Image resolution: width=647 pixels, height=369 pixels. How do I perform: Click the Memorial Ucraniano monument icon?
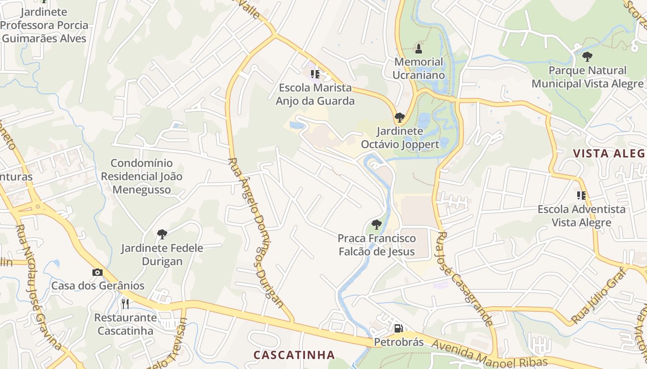tap(419, 48)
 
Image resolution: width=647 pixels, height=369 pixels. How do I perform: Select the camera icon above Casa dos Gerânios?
tap(97, 272)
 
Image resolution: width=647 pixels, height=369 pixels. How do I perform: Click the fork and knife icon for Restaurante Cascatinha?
tap(125, 304)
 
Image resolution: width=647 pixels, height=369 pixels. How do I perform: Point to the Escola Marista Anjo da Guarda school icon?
tap(315, 74)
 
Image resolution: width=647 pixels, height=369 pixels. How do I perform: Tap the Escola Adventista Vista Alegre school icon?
tap(581, 195)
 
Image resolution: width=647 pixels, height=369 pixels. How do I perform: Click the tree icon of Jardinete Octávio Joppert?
tap(400, 117)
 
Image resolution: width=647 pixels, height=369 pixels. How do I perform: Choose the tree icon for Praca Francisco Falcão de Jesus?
tap(377, 225)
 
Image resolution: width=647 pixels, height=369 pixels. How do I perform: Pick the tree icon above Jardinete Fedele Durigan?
tap(162, 234)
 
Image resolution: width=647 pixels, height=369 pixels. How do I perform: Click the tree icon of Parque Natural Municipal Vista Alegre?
tap(587, 57)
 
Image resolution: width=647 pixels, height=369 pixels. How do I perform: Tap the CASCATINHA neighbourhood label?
tap(294, 355)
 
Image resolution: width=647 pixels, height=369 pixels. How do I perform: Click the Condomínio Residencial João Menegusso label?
tap(142, 176)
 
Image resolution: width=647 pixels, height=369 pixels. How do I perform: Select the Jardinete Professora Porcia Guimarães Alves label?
tap(44, 25)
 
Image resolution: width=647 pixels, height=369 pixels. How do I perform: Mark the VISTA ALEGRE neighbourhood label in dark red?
tap(609, 154)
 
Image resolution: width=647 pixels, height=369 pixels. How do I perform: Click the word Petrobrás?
tap(398, 342)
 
